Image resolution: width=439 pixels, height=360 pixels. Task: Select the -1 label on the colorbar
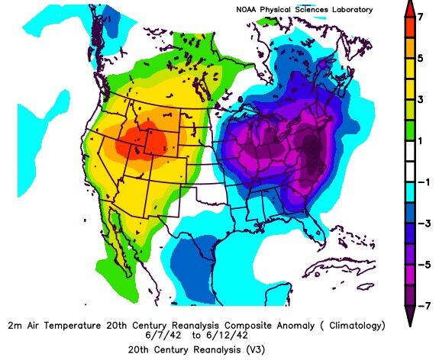click(427, 182)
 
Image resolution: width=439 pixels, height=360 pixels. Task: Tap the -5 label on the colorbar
click(427, 264)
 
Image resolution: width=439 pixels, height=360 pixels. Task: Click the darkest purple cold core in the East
click(310, 149)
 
